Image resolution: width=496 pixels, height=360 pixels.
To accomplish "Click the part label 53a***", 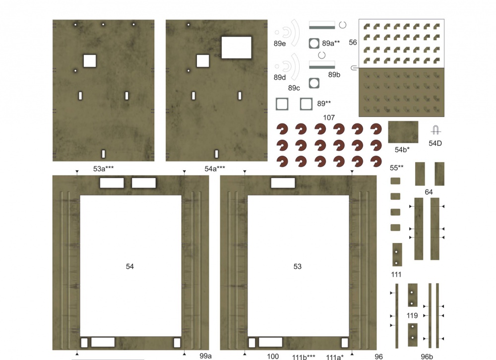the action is click(x=104, y=169).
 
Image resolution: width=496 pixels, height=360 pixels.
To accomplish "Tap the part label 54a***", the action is click(x=215, y=169).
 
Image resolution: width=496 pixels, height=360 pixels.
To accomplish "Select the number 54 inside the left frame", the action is click(x=129, y=267).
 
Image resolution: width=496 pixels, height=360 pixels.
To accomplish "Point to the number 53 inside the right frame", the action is click(x=297, y=267).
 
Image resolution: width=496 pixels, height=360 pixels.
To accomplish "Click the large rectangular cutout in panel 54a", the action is click(x=236, y=48).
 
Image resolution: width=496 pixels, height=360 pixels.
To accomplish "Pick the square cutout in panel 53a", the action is click(x=90, y=60).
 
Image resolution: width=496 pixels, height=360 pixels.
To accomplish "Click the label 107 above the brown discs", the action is click(x=329, y=118).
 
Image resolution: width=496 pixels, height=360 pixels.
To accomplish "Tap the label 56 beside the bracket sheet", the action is click(x=353, y=42).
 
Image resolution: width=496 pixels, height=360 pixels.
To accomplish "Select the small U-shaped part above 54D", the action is click(x=435, y=130).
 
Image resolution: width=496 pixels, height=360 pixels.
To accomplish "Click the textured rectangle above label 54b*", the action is click(x=403, y=132).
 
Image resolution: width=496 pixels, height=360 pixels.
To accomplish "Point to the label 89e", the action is click(x=280, y=44).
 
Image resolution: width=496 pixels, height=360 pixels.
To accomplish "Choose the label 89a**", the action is click(x=331, y=43).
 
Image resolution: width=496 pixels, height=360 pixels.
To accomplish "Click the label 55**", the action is click(x=397, y=168).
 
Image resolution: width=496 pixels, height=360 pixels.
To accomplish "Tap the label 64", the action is click(x=429, y=192).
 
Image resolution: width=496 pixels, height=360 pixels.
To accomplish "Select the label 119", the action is click(x=412, y=315).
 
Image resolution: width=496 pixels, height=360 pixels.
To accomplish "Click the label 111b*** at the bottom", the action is click(x=304, y=357).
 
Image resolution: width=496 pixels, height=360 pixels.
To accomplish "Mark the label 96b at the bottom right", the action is click(x=427, y=357).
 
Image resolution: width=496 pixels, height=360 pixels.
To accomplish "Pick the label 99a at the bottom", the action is click(x=206, y=356).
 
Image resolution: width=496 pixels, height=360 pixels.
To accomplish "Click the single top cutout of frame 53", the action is click(x=283, y=183).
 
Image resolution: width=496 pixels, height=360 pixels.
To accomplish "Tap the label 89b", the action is click(x=334, y=75).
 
